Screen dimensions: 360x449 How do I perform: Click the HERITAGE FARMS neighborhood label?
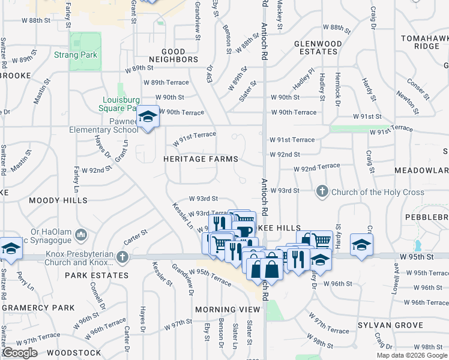[x=200, y=159]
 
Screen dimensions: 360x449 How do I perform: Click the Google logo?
[x=20, y=352]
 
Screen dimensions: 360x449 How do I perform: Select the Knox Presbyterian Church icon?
[x=122, y=257]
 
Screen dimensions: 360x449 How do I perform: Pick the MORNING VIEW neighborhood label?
[x=228, y=310]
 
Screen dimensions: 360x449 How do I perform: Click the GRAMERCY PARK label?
[x=38, y=308]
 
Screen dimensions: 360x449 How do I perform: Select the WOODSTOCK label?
[x=74, y=353]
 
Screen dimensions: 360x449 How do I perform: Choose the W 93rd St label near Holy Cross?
[x=285, y=191]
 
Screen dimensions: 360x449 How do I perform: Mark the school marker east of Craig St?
[x=361, y=244]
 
